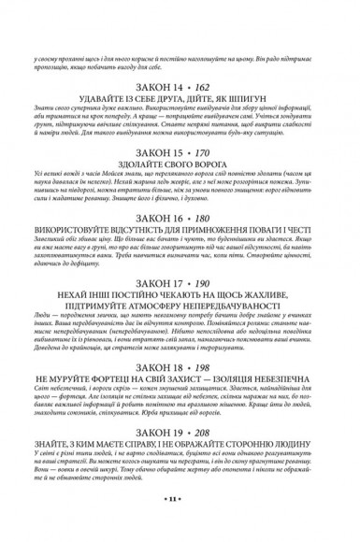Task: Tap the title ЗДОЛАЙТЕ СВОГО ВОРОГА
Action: coord(180,175)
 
